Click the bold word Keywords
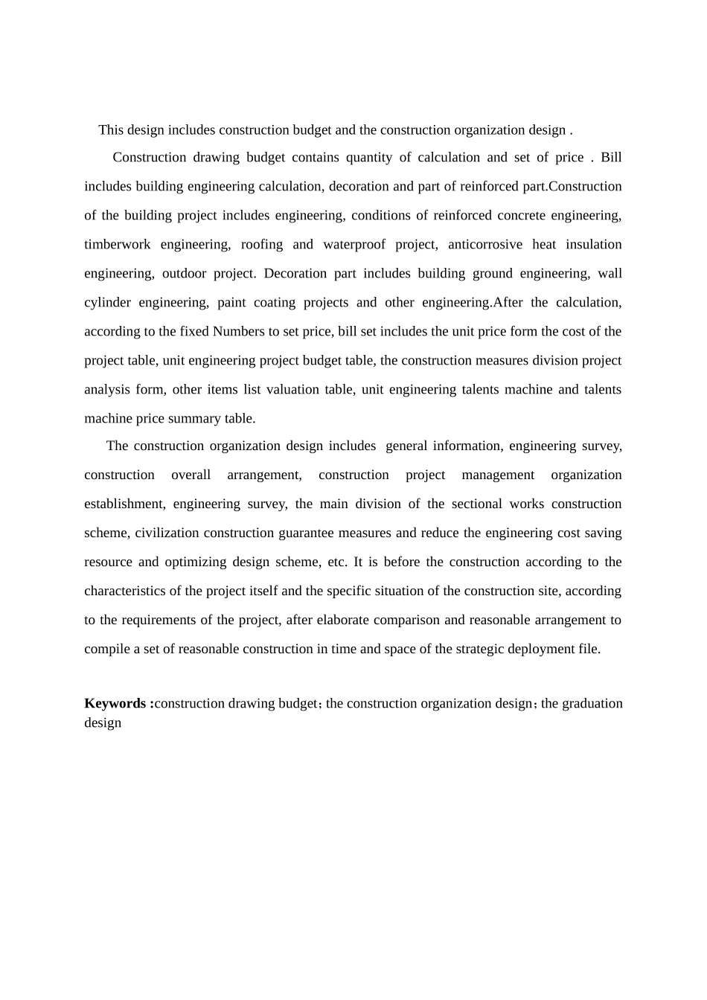click(x=115, y=704)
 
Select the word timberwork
click(x=118, y=245)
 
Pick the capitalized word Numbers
click(x=237, y=332)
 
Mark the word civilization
click(x=167, y=533)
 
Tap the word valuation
click(x=296, y=390)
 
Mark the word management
click(x=498, y=475)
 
